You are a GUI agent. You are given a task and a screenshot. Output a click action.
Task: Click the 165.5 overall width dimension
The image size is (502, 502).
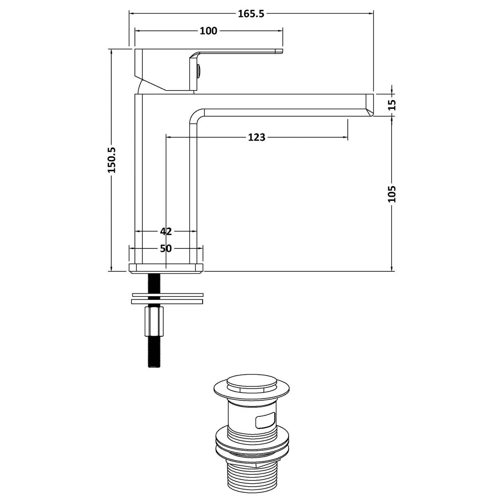251,14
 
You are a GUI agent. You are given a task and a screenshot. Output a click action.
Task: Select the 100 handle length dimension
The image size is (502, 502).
208,31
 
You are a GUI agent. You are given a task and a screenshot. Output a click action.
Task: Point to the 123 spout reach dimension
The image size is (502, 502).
256,137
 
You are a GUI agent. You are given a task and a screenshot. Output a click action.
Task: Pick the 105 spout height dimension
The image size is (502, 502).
392,194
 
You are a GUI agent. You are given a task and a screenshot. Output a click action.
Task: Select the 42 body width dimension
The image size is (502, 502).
166,231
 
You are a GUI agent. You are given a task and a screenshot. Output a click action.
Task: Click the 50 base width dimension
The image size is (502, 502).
166,248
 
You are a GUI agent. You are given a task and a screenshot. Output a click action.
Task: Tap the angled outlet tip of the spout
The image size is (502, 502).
369,105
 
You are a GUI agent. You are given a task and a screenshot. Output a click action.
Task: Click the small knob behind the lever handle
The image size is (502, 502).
199,72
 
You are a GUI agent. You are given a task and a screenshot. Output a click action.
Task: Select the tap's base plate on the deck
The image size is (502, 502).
166,268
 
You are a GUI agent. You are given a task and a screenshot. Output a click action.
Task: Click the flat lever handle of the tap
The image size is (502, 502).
236,53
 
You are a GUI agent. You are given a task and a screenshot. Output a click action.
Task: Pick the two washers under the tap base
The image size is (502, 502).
168,298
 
